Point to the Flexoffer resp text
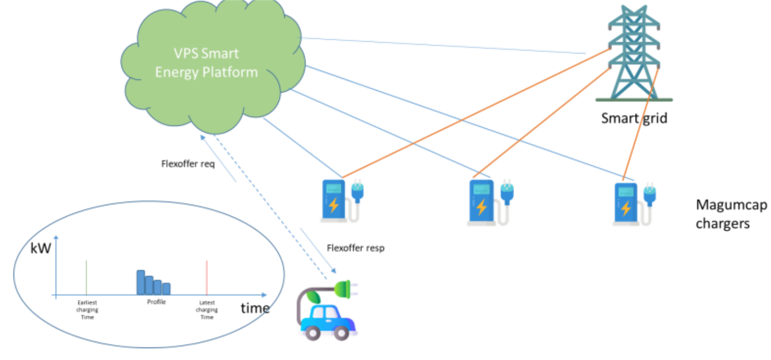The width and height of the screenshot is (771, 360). (355, 248)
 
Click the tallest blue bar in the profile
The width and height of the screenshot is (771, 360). (141, 282)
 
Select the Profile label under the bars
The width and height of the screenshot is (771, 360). (156, 302)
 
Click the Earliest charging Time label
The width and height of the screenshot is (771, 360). (88, 310)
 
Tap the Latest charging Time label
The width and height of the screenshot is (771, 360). (207, 310)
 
